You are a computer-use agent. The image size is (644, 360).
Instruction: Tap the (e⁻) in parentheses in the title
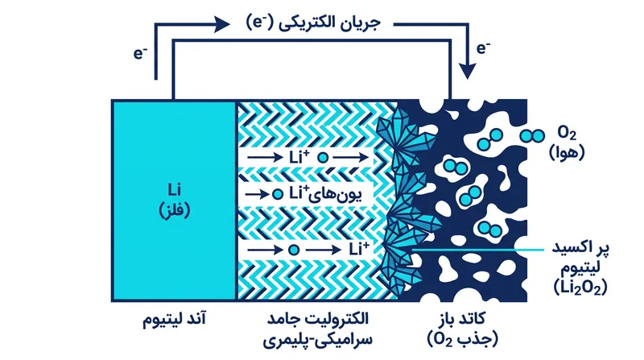(x=259, y=23)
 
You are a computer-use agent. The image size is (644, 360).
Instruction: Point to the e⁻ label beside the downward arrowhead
(x=484, y=48)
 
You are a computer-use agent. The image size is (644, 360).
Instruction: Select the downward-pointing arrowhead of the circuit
(x=467, y=71)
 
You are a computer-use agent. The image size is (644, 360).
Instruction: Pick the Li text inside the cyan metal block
(x=175, y=189)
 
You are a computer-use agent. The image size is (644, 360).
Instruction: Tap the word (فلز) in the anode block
(x=175, y=210)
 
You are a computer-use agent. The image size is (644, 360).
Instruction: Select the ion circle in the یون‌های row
(x=278, y=194)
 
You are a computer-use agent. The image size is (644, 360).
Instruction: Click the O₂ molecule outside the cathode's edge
(x=532, y=135)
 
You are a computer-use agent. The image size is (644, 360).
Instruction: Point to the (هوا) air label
(x=567, y=153)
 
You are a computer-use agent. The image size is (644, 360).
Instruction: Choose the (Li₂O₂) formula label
(x=580, y=288)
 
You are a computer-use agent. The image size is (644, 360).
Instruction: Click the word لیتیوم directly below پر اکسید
(x=580, y=267)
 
